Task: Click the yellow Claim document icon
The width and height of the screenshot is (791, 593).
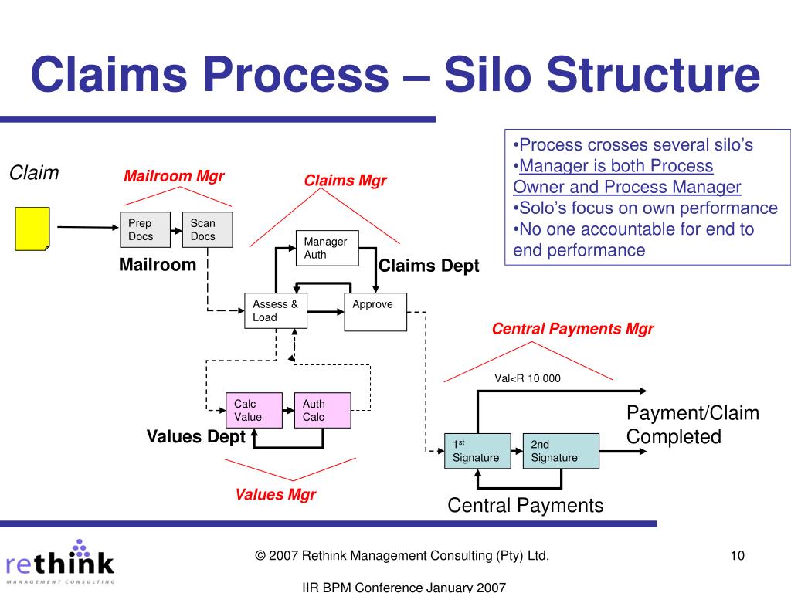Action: (x=32, y=229)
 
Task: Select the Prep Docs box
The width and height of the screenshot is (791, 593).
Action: (x=145, y=229)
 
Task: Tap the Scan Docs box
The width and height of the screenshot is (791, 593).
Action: (x=207, y=229)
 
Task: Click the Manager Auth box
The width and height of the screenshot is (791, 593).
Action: (x=327, y=248)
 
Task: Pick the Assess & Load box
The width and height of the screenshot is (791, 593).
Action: (x=275, y=311)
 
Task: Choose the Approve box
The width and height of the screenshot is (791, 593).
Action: (x=375, y=311)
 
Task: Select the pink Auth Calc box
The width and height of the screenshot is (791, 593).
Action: (x=322, y=410)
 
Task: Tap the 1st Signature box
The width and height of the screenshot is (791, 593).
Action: (x=477, y=451)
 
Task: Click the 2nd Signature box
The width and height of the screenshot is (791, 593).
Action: (x=561, y=451)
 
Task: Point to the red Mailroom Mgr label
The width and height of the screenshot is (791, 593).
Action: (x=174, y=176)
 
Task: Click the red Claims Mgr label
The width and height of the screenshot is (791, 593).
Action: (x=345, y=181)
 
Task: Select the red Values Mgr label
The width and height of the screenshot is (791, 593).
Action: (x=276, y=494)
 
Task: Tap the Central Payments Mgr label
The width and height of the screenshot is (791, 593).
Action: (x=572, y=329)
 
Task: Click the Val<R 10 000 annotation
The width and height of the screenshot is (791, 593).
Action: (x=528, y=378)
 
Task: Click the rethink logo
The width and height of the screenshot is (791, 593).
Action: (x=59, y=560)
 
